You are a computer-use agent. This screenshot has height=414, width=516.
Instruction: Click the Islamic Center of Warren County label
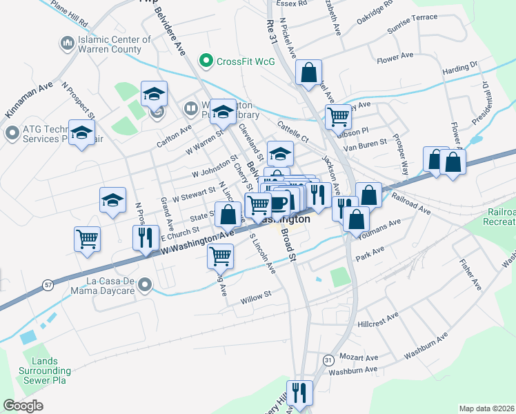pos(110,44)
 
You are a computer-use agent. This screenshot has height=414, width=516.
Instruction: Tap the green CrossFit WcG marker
pos(205,61)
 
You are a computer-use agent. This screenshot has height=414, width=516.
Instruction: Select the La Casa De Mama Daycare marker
pos(144,284)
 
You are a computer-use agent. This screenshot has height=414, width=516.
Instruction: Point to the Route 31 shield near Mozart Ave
pos(328,360)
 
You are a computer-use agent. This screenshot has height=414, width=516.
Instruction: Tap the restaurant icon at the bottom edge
pos(299,393)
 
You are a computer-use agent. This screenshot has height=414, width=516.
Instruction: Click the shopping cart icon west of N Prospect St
pos(87,239)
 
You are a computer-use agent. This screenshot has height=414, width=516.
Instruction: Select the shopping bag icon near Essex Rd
pos(308,70)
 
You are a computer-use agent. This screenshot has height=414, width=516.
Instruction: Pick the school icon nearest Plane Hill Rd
pos(155,93)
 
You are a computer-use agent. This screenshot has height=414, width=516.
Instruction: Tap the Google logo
pos(23,406)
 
